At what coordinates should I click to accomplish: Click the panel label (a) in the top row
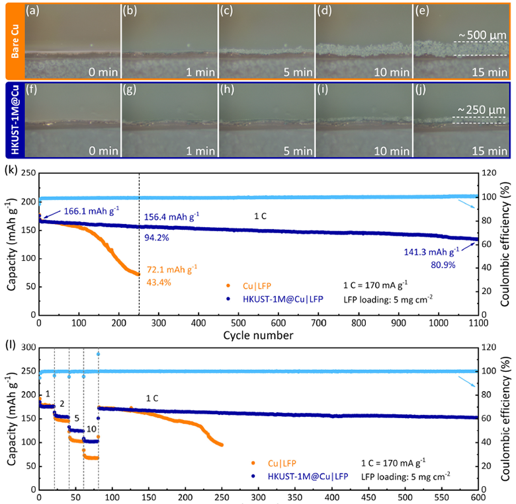tap(32, 11)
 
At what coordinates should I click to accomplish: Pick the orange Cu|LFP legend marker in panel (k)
tap(228, 286)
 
